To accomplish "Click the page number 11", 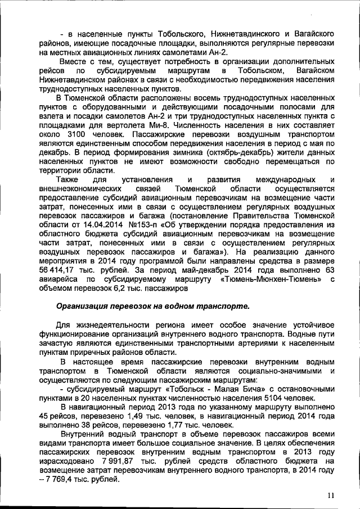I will click(x=330, y=495).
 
